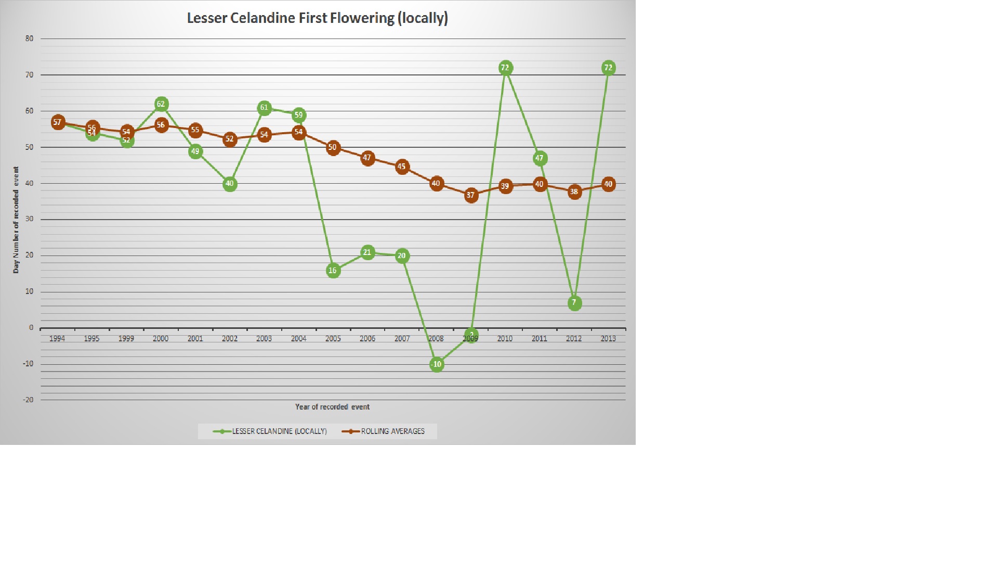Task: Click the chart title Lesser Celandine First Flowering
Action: click(317, 18)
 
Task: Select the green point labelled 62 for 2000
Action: click(161, 105)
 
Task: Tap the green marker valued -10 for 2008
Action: click(437, 364)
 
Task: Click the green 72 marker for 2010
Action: click(505, 68)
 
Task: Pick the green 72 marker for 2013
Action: click(608, 68)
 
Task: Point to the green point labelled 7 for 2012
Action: click(574, 303)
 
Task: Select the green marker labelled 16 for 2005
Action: click(333, 271)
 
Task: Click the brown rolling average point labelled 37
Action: click(471, 196)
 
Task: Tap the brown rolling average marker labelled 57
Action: click(58, 123)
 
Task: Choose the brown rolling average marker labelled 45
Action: click(402, 167)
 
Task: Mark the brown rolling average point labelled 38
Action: click(574, 192)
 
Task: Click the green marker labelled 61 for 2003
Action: click(264, 108)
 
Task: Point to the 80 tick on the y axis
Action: click(29, 39)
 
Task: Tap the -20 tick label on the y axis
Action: click(28, 400)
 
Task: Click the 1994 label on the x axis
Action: click(57, 339)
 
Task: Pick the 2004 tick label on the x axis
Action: click(298, 339)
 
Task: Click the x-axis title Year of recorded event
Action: click(332, 407)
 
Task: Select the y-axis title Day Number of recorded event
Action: click(16, 220)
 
